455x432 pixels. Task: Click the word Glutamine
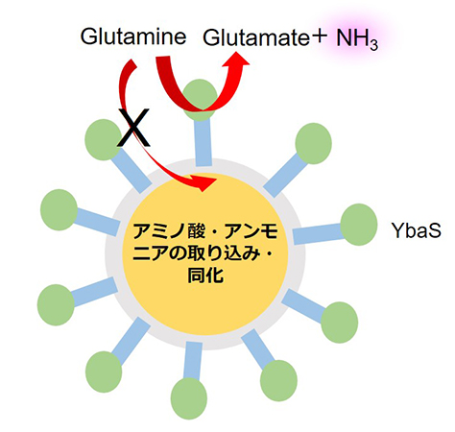(133, 36)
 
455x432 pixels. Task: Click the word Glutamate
(256, 38)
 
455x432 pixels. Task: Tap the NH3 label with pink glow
(357, 39)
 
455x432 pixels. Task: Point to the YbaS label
(417, 230)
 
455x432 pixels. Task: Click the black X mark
(133, 128)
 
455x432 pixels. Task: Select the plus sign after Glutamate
(319, 36)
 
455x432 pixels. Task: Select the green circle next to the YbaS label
(359, 225)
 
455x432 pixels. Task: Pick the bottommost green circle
(189, 398)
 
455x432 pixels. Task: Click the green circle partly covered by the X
(104, 140)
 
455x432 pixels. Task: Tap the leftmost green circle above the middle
(59, 209)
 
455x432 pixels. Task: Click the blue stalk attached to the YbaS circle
(318, 234)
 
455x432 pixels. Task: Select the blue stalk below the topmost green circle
(202, 142)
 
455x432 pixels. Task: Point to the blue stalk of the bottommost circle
(193, 361)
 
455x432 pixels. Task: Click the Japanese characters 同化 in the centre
(205, 275)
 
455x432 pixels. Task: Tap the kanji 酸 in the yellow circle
(196, 231)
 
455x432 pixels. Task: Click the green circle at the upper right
(313, 144)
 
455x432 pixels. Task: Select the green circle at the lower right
(339, 323)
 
